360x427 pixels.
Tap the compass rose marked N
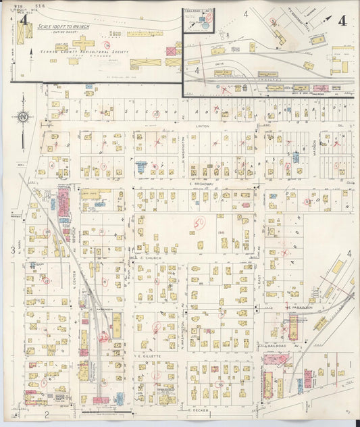(x=22, y=116)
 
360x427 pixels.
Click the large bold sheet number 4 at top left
(x=24, y=20)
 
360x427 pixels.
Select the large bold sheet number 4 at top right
(x=342, y=20)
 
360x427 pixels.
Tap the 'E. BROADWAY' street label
(x=201, y=184)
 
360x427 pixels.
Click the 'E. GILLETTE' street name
(x=149, y=355)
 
